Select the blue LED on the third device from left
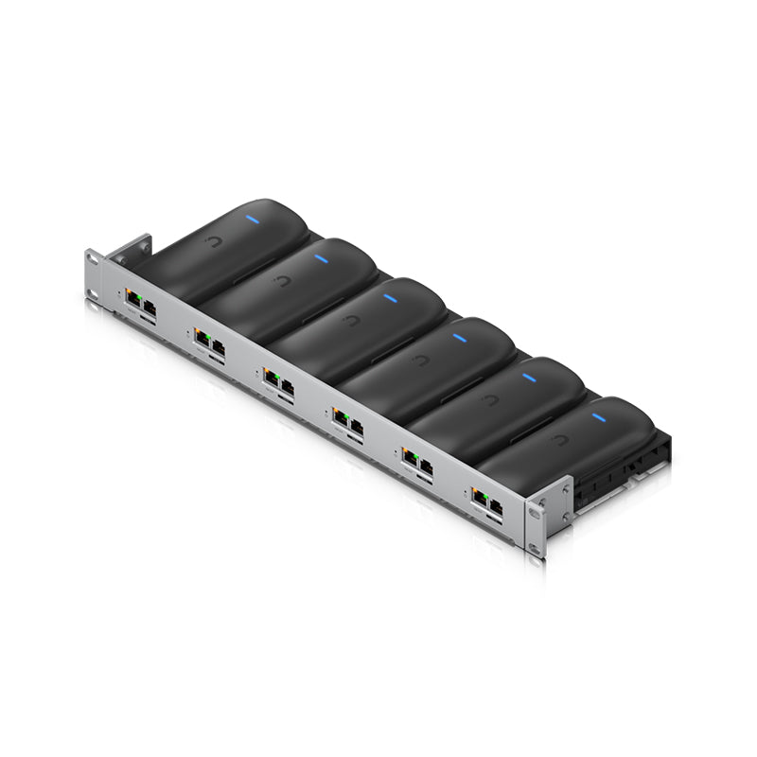[390, 298]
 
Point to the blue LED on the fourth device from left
[460, 337]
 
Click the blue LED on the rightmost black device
[598, 416]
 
